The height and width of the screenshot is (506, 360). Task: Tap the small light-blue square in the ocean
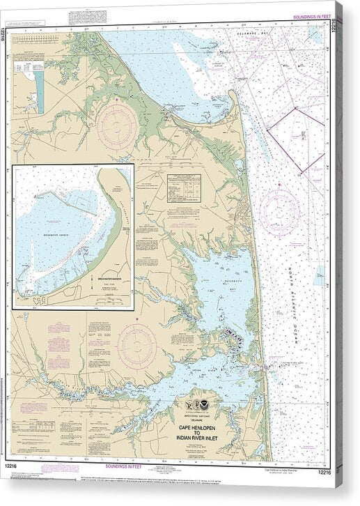pyautogui.click(x=319, y=278)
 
